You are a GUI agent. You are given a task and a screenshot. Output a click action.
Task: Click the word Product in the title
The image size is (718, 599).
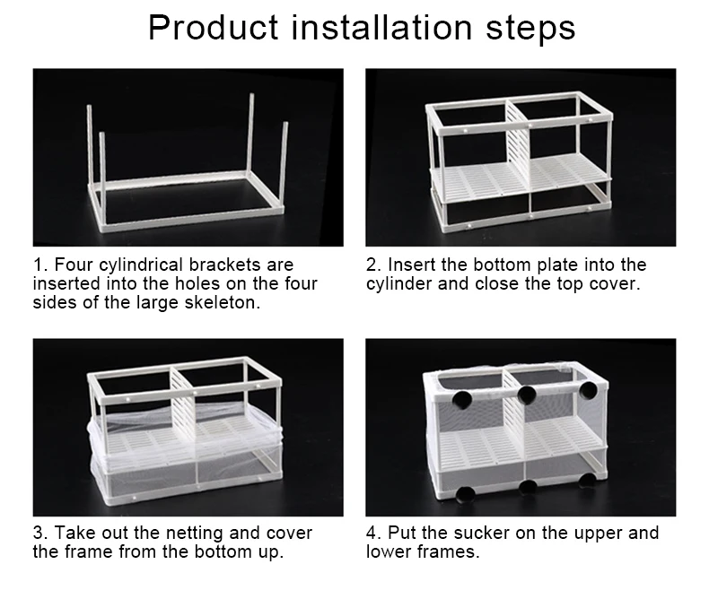click(214, 28)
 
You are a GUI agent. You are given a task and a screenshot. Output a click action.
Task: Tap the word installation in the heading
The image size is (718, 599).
click(382, 28)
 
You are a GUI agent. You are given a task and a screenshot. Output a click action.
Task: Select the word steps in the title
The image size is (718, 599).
click(530, 30)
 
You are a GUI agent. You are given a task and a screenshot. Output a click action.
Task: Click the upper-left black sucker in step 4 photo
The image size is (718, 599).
click(461, 398)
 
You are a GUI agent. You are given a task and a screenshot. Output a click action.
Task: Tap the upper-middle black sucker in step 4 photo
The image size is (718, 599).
click(527, 395)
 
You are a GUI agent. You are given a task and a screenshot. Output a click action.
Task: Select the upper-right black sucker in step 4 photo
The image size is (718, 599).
click(588, 389)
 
